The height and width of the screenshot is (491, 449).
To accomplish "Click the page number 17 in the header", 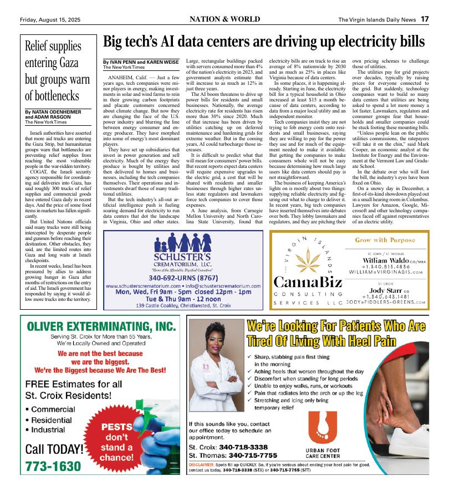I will (424, 19).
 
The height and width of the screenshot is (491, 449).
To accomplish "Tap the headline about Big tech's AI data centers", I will (264, 42).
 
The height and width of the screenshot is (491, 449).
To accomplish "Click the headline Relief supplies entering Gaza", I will (53, 70).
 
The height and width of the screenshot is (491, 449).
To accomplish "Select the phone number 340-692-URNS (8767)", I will (182, 277).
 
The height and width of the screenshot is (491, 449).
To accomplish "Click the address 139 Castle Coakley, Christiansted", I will (183, 305).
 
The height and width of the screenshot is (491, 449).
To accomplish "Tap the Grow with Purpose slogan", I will (386, 241).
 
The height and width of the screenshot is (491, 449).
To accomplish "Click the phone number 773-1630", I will (53, 467).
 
